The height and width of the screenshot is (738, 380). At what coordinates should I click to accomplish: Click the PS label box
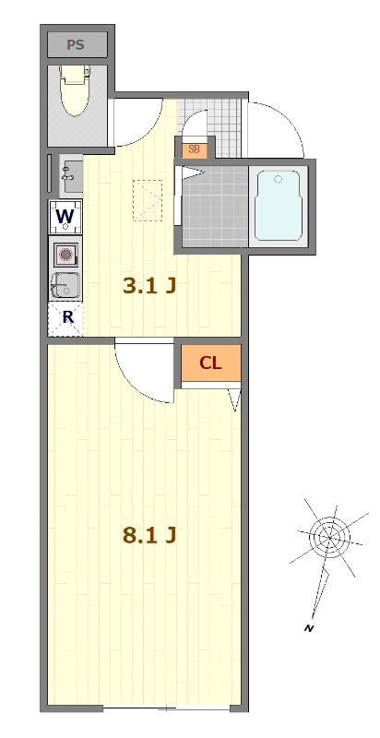tap(77, 44)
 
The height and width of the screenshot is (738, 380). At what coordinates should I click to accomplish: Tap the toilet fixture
tap(76, 90)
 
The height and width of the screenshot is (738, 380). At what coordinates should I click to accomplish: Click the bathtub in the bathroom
tap(278, 206)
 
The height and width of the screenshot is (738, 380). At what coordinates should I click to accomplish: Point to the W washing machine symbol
tap(65, 217)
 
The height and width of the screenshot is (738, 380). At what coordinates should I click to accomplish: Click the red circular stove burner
tap(65, 256)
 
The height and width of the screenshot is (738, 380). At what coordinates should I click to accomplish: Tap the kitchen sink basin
tap(65, 285)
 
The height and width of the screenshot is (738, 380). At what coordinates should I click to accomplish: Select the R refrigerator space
tap(65, 318)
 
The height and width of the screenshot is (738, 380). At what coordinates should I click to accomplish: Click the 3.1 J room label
tap(149, 285)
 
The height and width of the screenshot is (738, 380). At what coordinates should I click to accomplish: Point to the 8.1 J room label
tap(149, 535)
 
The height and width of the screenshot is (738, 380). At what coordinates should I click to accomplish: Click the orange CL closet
tap(211, 363)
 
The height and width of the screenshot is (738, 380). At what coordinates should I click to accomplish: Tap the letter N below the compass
tap(308, 628)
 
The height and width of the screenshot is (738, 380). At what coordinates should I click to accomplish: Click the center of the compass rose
tap(329, 537)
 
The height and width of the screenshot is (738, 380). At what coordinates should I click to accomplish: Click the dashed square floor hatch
tap(148, 200)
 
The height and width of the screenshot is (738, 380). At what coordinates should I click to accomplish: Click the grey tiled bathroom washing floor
tap(215, 206)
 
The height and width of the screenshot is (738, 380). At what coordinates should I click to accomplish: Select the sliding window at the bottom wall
tap(166, 708)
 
